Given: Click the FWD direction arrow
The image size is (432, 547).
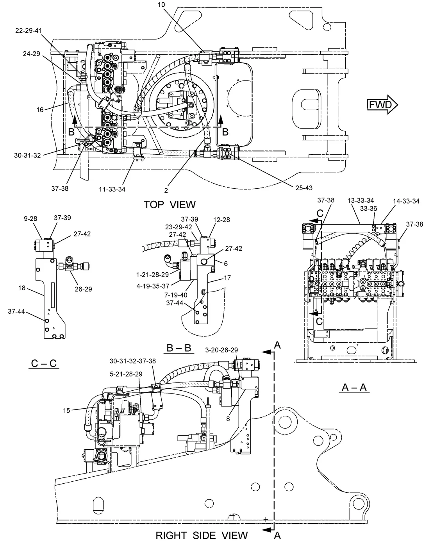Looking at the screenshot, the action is [x=382, y=105].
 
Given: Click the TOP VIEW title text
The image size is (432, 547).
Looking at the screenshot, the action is [x=170, y=205].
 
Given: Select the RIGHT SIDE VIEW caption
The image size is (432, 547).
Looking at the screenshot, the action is [x=202, y=535].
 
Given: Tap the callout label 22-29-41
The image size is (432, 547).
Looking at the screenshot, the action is [x=29, y=30].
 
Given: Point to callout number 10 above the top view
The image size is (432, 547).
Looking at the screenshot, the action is [x=161, y=5].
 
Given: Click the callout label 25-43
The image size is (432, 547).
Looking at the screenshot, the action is [x=304, y=188].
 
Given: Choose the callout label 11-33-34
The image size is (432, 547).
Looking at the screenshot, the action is [x=112, y=189].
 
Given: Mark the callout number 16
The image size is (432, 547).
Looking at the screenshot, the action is [x=40, y=110].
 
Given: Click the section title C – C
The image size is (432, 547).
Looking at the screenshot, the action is [x=44, y=363].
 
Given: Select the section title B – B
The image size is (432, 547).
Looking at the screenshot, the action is [x=179, y=348].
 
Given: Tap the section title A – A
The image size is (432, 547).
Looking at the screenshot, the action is [x=354, y=387].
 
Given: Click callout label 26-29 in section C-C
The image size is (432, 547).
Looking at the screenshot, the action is [x=83, y=289].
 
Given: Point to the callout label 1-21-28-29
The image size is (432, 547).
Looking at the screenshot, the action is [x=152, y=275].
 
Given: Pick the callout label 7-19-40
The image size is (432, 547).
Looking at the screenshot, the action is [x=176, y=295].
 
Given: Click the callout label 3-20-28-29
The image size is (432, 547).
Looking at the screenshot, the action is [x=221, y=350].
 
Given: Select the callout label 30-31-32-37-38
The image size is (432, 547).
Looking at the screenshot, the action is [x=133, y=361].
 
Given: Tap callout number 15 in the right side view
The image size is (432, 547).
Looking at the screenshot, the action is [x=66, y=411].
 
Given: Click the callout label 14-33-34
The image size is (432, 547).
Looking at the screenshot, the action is [x=406, y=201].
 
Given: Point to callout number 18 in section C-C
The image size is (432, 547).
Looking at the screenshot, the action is [x=22, y=288].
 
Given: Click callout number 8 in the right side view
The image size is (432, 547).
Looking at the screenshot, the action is [x=228, y=419].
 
